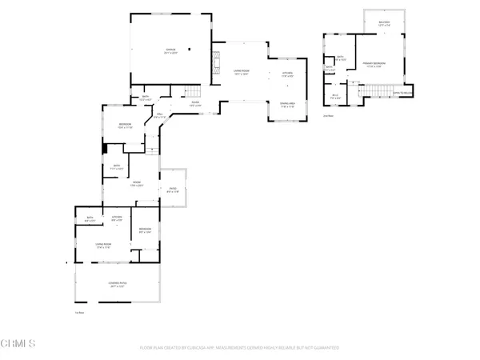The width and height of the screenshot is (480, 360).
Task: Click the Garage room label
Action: (170, 51)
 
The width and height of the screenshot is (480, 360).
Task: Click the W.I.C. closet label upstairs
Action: (336, 97)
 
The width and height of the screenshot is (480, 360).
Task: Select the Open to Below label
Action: (402, 92)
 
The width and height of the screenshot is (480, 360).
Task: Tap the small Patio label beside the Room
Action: (172, 190)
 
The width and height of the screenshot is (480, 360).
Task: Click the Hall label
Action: (159, 115)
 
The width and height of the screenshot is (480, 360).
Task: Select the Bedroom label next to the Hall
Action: (126, 125)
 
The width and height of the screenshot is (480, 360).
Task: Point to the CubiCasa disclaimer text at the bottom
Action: (240, 348)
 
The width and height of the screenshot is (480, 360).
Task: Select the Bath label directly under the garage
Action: (146, 98)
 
